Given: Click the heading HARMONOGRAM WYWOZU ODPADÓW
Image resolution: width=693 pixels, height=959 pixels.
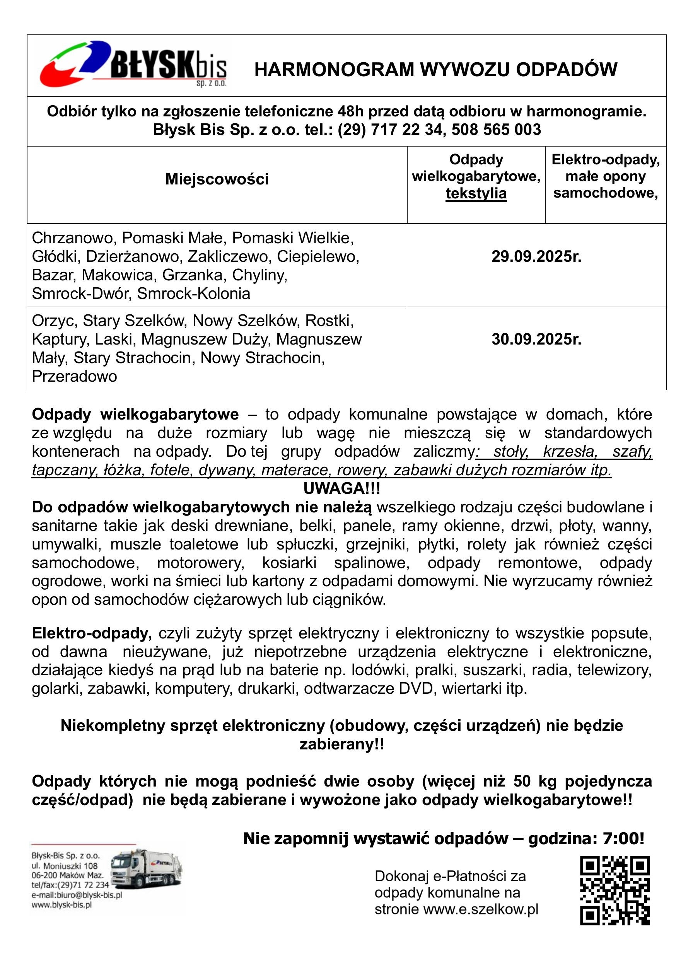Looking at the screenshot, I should (435, 70).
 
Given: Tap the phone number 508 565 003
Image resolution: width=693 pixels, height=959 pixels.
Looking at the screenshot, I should (496, 130).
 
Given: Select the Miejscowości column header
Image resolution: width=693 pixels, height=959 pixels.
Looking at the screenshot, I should (217, 179).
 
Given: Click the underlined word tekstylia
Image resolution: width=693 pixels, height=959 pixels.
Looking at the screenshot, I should (476, 194).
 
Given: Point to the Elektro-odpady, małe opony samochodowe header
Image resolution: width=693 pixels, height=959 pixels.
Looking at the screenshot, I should (606, 176).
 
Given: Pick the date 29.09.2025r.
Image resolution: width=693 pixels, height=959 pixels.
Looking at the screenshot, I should (536, 257).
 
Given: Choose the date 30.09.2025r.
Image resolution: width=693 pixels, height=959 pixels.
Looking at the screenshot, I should (536, 340).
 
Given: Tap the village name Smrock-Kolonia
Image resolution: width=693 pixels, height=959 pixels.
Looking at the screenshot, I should (194, 294).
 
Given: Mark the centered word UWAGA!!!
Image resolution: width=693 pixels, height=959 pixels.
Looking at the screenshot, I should (341, 489).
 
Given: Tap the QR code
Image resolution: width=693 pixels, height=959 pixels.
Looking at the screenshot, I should (614, 890).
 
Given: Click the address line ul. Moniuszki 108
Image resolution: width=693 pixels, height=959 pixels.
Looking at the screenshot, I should (65, 866).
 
